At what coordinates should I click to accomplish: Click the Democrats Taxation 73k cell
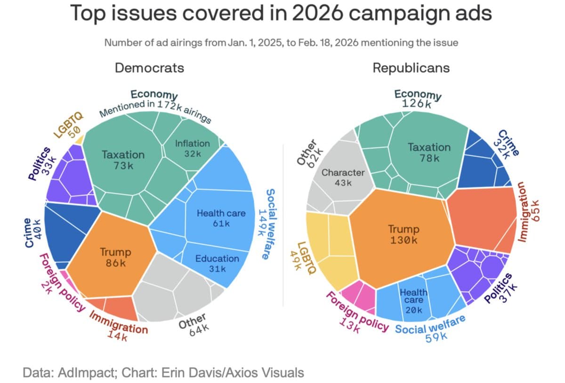tap(123, 160)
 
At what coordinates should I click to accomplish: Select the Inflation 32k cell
tap(192, 148)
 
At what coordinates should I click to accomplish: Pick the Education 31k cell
tap(217, 263)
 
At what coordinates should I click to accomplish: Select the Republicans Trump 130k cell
tap(403, 234)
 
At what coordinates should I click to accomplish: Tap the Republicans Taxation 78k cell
tap(428, 152)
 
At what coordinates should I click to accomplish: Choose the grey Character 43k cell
tap(343, 177)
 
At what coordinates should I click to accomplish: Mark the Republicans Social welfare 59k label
tap(430, 329)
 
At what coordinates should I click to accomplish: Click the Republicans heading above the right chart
tap(411, 68)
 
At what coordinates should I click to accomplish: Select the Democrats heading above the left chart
tap(150, 68)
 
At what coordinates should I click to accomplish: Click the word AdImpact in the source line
tap(91, 373)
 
